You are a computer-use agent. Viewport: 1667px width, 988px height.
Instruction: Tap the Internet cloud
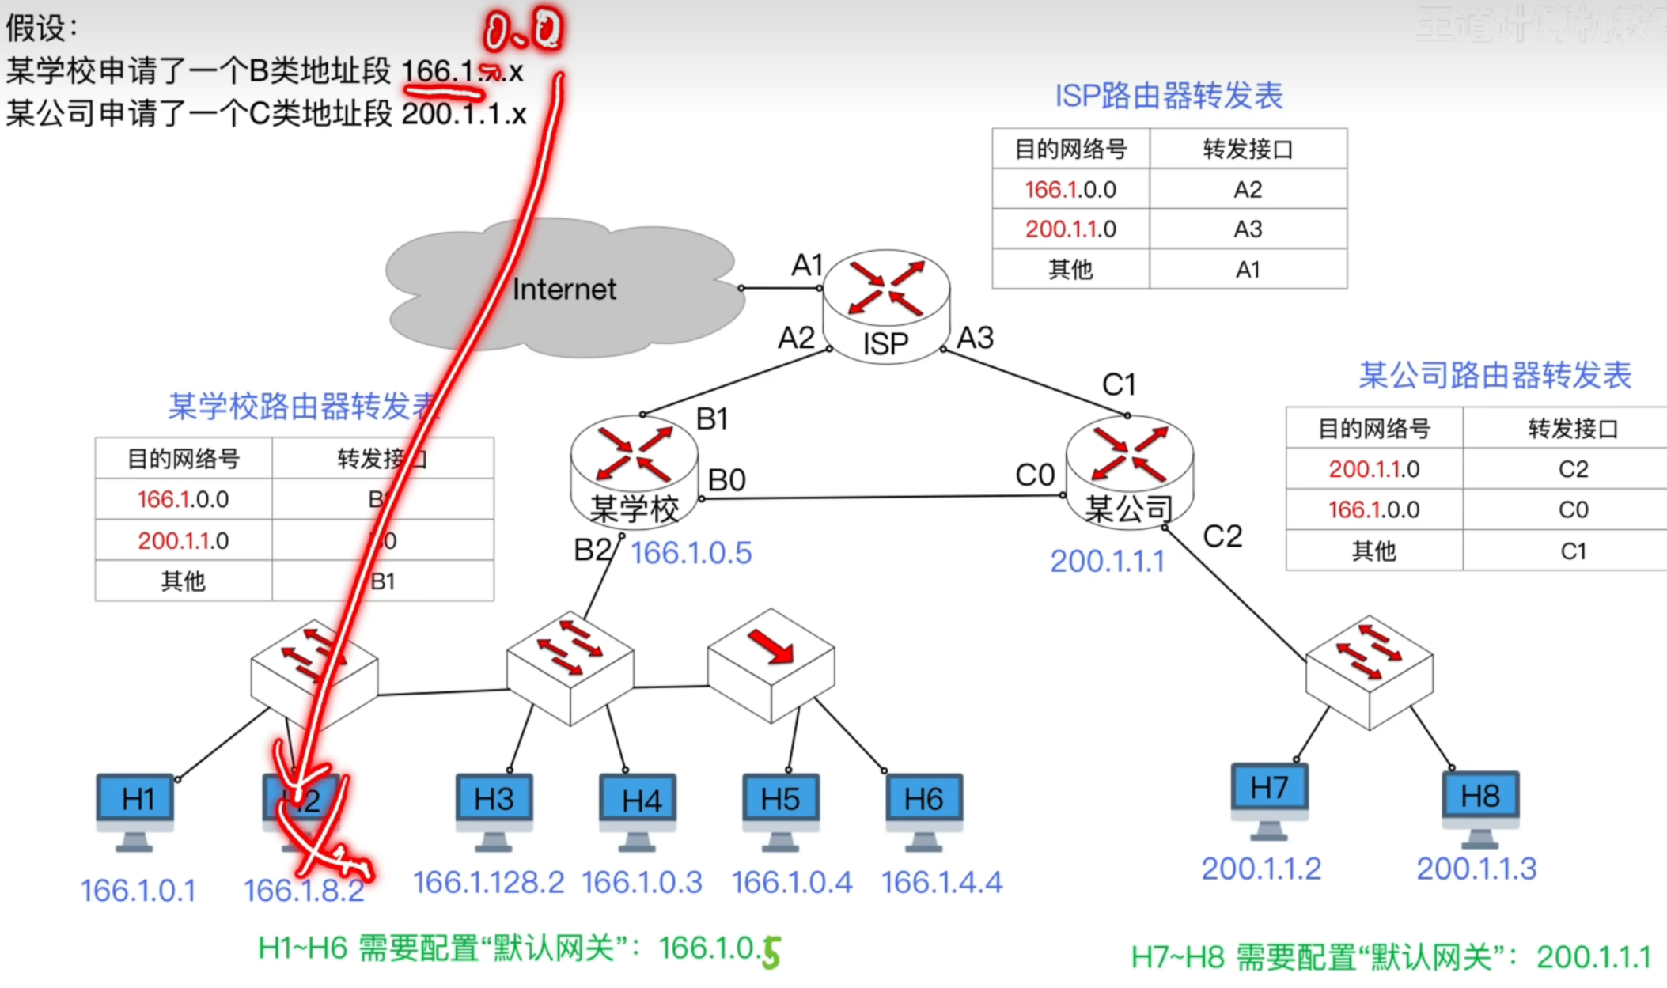(563, 289)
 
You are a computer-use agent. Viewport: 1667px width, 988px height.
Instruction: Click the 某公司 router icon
(1129, 471)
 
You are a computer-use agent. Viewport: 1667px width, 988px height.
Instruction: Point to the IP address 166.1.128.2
(488, 883)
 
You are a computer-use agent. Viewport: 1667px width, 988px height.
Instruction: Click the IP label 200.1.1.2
(1261, 869)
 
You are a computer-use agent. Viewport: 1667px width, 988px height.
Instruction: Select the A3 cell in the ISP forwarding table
(1248, 229)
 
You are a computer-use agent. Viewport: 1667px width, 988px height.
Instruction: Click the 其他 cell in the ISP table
(1070, 270)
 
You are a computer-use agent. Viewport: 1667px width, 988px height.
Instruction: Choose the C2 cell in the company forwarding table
(1573, 469)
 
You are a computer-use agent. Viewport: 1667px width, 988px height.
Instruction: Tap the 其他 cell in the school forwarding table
(184, 581)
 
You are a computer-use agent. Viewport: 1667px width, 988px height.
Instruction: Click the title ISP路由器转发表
(1169, 96)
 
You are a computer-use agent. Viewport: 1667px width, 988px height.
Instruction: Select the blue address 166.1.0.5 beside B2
(691, 553)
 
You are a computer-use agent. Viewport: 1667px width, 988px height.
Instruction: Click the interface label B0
(726, 480)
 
